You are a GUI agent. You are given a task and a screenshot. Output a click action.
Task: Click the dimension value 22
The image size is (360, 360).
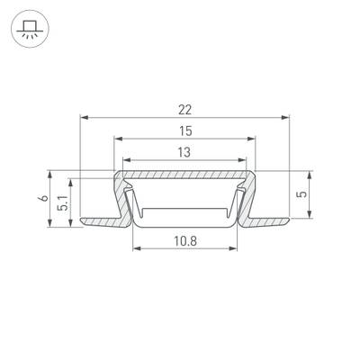(x=184, y=109)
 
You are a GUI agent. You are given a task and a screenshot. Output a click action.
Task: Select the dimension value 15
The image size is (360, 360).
(x=184, y=130)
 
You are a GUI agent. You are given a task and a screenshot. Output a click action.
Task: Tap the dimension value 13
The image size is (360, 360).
(x=184, y=152)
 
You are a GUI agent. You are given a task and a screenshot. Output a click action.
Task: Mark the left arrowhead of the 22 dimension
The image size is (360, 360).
(x=84, y=118)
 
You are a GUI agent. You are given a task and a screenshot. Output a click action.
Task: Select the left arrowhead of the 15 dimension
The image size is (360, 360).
(x=117, y=139)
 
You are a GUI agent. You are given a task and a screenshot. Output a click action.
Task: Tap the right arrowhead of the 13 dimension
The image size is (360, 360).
(x=245, y=161)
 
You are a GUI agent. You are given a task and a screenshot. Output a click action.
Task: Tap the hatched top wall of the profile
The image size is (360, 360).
(x=184, y=175)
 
